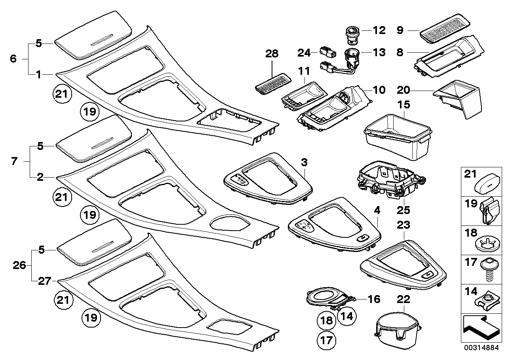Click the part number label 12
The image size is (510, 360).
click(379, 30)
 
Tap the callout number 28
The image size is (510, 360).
click(272, 54)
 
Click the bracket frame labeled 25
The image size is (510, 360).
click(390, 179)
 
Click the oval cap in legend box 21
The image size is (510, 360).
click(490, 184)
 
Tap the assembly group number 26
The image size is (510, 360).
click(19, 265)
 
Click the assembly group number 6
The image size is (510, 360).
click(13, 59)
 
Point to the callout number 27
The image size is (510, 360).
click(44, 281)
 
